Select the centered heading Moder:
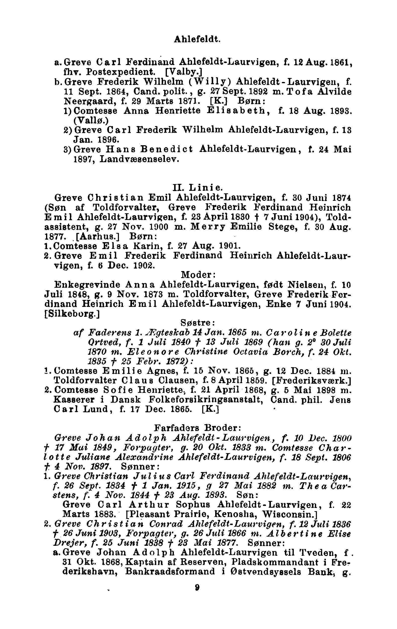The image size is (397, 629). pos(198,275)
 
